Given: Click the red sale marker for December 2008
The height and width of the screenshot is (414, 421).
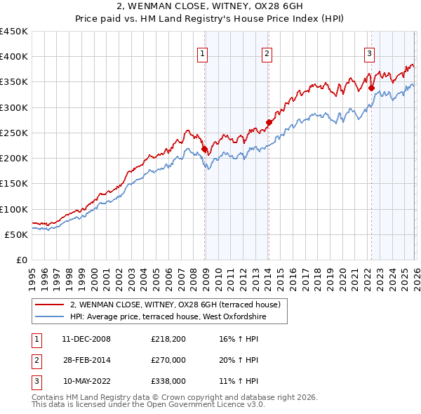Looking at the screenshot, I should [x=204, y=149].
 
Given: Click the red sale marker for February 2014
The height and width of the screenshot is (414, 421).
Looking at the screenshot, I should [x=269, y=122].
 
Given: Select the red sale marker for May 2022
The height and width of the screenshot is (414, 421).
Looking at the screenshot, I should [x=370, y=88].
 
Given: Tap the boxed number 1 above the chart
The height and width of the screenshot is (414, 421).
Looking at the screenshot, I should [x=202, y=52].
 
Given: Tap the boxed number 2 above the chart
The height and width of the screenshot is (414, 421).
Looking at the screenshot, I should [x=267, y=52].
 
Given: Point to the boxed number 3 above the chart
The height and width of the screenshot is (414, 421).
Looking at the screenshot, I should [x=369, y=52].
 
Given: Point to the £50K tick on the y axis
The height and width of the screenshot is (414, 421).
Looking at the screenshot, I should [x=17, y=234].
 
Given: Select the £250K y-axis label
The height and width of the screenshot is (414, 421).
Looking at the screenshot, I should [x=14, y=133].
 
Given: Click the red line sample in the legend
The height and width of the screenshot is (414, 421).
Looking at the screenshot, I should [x=50, y=305].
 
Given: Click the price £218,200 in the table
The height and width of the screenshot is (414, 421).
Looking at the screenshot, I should [x=168, y=339].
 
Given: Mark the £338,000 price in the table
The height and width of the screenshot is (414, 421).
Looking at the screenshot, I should [x=168, y=381].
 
